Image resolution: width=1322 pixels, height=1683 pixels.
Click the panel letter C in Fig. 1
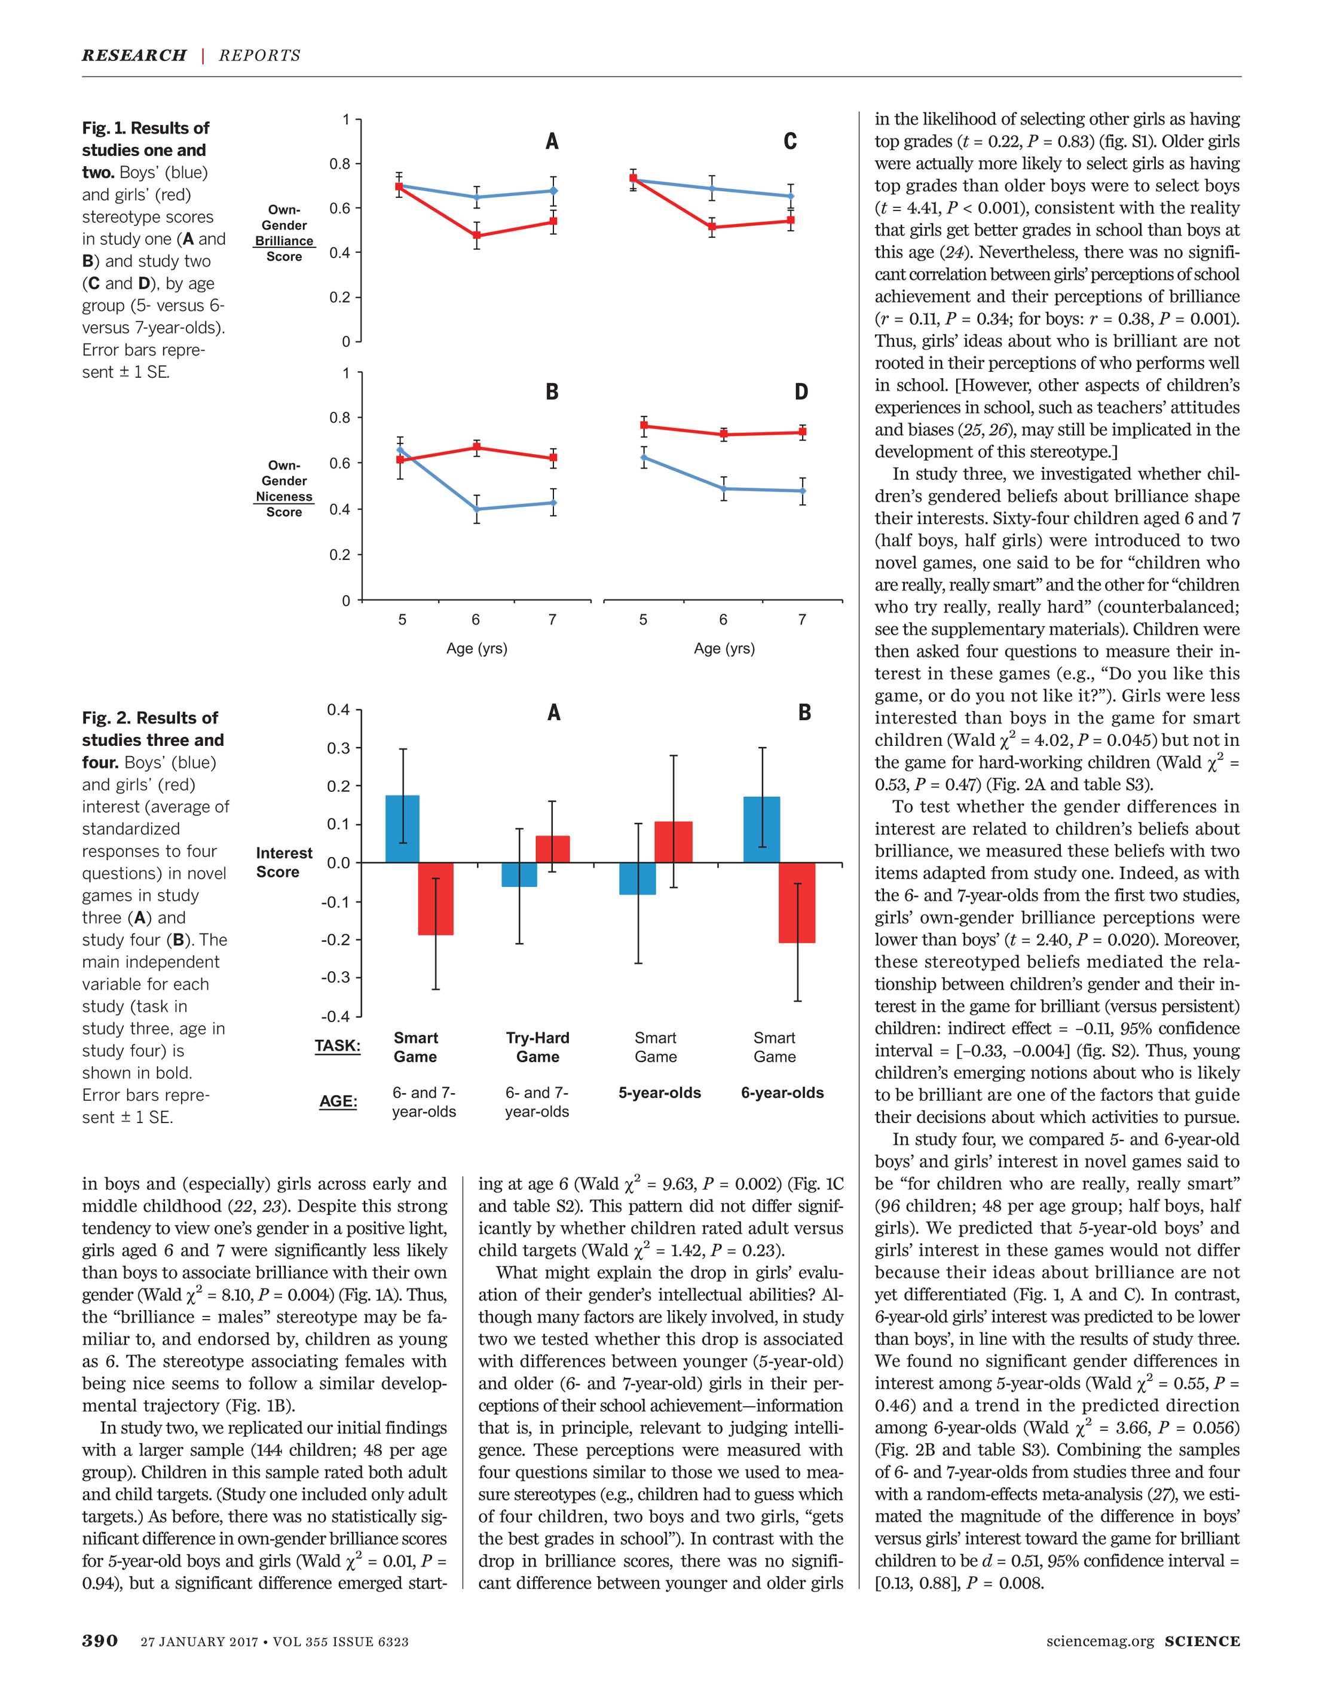pos(789,142)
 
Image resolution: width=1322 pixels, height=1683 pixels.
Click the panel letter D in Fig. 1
pos(801,392)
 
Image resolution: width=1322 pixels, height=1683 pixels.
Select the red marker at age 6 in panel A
pos(476,236)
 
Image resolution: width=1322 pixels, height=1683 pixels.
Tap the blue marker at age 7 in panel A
pos(553,190)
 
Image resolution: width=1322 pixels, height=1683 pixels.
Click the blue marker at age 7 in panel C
pos(790,197)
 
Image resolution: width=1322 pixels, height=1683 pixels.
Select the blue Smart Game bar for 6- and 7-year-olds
pos(402,829)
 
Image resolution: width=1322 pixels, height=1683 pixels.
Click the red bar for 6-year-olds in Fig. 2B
pos(797,902)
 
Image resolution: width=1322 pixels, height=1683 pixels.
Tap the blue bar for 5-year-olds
pos(638,878)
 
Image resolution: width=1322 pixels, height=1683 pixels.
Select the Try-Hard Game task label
pos(538,1048)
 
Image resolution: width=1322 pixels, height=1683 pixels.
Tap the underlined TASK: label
pos(338,1046)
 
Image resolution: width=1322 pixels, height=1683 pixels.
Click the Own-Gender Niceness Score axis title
pos(284,489)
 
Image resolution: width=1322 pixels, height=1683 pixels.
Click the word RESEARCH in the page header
pos(134,56)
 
